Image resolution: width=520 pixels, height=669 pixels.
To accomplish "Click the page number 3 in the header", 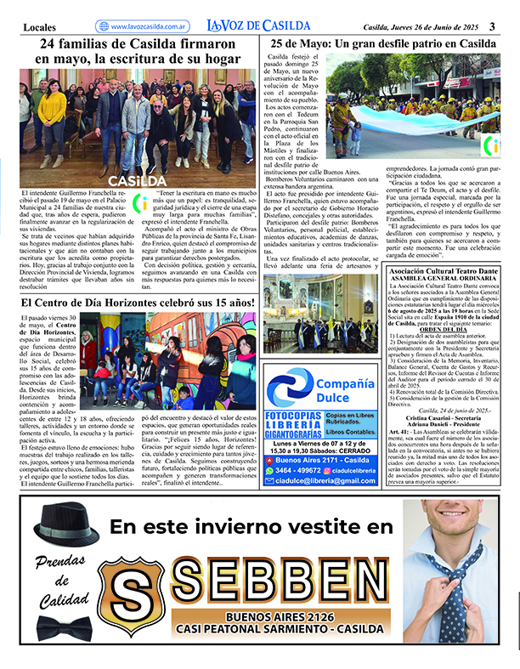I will pyautogui.click(x=503, y=26).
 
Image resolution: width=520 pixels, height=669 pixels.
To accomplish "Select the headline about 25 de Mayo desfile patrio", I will pyautogui.click(x=382, y=43).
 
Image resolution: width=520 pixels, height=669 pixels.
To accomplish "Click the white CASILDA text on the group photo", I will pyautogui.click(x=138, y=181).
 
